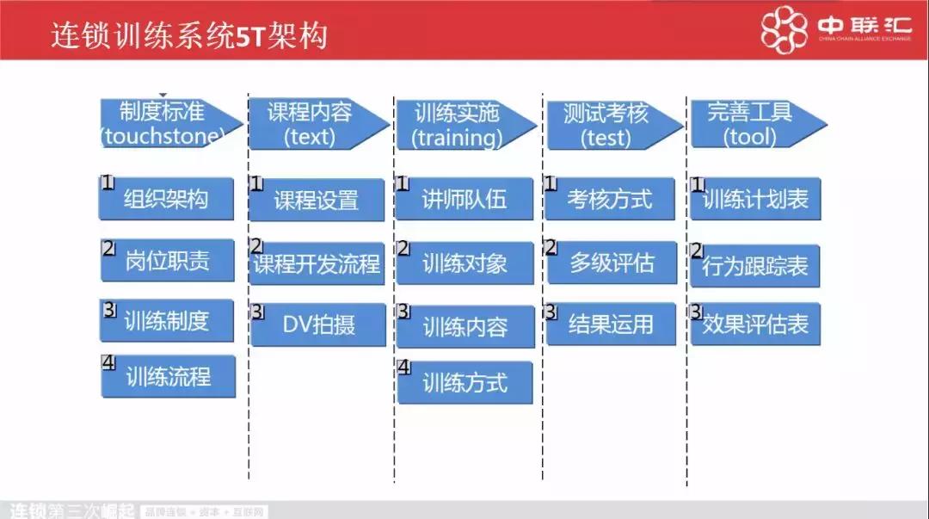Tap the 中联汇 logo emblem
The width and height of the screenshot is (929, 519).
click(x=785, y=30)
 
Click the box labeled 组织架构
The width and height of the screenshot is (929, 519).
click(x=168, y=199)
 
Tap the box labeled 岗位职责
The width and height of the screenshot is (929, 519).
click(x=168, y=260)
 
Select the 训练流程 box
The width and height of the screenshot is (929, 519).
click(x=169, y=376)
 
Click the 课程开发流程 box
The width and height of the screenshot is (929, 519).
click(x=317, y=263)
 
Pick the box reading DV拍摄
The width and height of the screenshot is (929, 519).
click(x=318, y=324)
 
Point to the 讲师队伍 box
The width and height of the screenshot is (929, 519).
click(x=465, y=200)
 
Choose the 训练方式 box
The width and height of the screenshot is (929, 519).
click(x=465, y=383)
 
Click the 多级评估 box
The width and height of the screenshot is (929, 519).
click(x=612, y=263)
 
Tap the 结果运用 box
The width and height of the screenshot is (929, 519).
click(x=612, y=324)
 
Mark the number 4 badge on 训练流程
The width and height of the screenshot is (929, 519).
click(x=108, y=362)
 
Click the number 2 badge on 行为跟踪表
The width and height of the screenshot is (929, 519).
click(x=698, y=251)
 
